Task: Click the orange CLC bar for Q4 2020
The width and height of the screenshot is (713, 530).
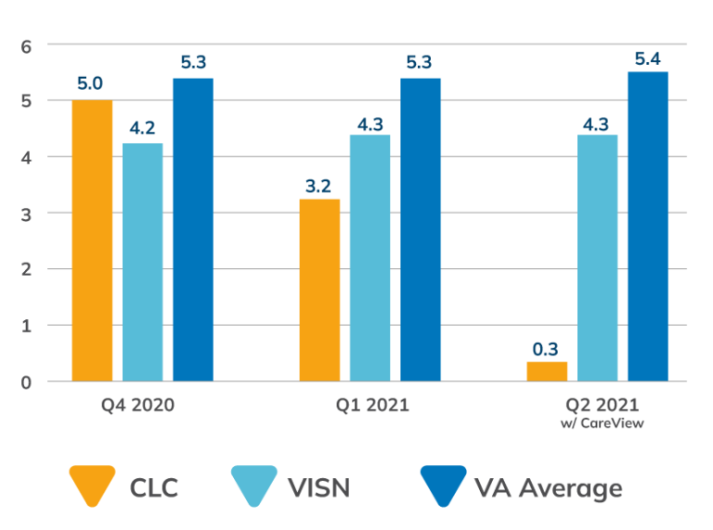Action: [x=92, y=240]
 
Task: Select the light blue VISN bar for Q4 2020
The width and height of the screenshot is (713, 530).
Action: [x=142, y=262]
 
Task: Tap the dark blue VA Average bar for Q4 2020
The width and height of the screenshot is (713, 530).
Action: [x=192, y=228]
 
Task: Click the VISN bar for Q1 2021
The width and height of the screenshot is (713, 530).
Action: [x=369, y=258]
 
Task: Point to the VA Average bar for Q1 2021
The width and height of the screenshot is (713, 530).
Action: [x=421, y=228]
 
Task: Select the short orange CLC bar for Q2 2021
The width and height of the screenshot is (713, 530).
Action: [x=547, y=371]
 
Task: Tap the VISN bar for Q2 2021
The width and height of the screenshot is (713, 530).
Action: [x=598, y=258]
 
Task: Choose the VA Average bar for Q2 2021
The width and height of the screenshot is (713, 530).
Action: [x=648, y=226]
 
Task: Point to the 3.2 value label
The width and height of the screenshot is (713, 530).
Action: [x=318, y=185]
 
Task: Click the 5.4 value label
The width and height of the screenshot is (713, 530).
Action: [x=647, y=60]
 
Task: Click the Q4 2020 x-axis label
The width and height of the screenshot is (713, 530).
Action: [x=137, y=406]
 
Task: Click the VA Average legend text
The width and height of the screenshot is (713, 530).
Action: [x=548, y=487]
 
